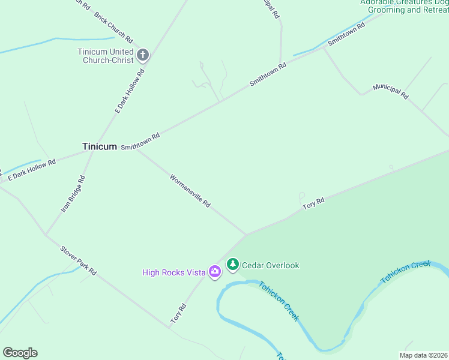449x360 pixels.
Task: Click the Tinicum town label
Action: (99, 146)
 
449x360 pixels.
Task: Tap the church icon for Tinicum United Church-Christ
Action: (143, 56)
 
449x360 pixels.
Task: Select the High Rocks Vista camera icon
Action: (214, 272)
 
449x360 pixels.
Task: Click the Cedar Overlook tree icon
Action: (232, 265)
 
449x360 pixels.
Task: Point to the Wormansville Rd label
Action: (190, 191)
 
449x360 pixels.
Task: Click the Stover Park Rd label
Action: (78, 260)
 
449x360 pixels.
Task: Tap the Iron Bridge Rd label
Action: (73, 194)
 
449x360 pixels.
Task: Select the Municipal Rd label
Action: (390, 91)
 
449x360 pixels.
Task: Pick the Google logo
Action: (20, 353)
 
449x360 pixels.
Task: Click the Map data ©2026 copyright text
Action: (423, 355)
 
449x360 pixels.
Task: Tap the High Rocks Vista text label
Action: (174, 272)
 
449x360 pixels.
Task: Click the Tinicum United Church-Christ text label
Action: (106, 56)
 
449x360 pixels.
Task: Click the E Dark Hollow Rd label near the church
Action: (130, 91)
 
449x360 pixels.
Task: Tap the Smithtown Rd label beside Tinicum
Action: (140, 142)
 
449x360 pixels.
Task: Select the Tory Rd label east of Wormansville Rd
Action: (313, 203)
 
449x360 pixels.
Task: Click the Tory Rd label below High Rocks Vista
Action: (178, 314)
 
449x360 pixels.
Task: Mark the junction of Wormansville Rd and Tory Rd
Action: (246, 235)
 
